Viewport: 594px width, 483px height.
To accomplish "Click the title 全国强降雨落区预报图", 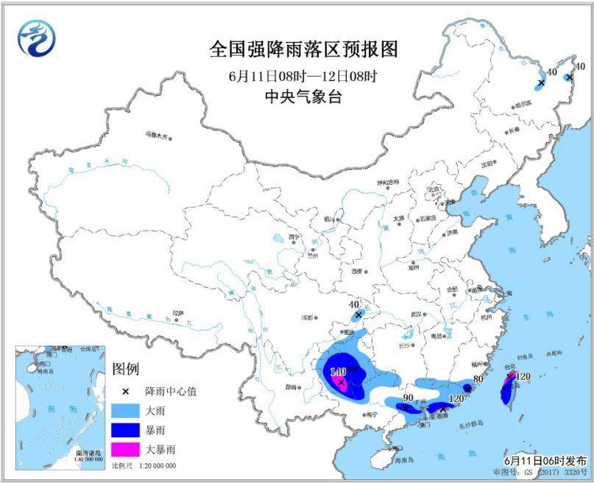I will (303, 51).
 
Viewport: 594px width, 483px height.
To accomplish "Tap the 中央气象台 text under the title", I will (303, 96).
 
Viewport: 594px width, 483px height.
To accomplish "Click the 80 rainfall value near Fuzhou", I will (478, 380).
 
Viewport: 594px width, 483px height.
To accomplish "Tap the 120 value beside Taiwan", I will (523, 377).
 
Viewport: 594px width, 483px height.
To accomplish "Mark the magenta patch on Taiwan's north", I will (509, 378).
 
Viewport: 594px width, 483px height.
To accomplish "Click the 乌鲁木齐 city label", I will (156, 135).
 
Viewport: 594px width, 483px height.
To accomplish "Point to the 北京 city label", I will (434, 189).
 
